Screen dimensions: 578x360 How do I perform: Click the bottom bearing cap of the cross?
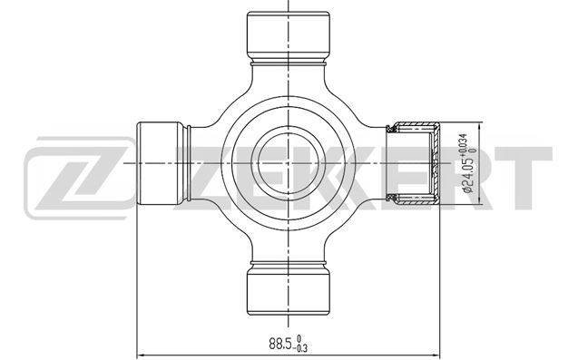pyautogui.click(x=288, y=291)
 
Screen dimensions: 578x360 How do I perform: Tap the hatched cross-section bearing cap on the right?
pyautogui.click(x=416, y=163)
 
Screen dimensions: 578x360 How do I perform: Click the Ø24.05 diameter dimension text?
pyautogui.click(x=467, y=173)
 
